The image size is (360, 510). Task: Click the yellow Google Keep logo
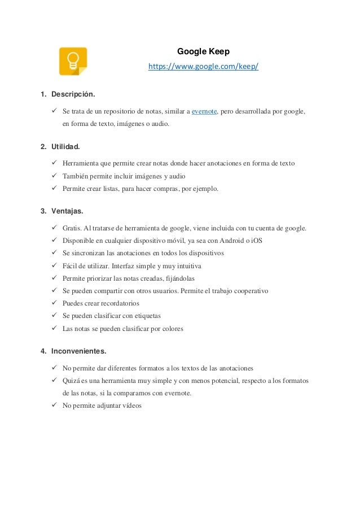(73, 62)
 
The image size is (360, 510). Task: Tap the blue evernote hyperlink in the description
(204, 111)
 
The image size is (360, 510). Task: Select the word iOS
(256, 241)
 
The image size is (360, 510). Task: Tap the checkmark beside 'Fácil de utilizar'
(54, 265)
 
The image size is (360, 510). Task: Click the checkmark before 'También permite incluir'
(54, 176)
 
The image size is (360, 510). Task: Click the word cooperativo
(248, 291)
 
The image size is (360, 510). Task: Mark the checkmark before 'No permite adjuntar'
(54, 405)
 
